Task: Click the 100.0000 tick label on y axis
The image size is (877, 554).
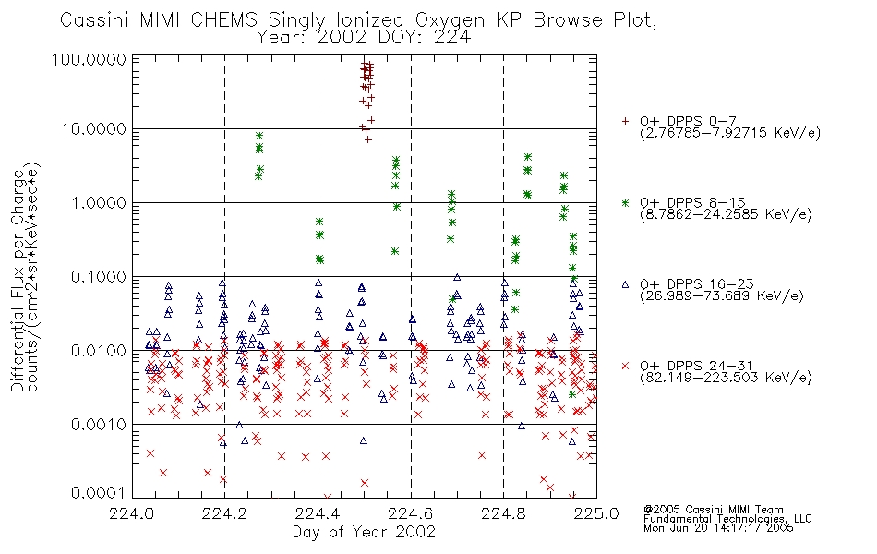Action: pos(89,59)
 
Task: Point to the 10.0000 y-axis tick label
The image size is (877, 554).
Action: pos(94,129)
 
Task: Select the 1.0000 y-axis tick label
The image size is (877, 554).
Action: pos(99,202)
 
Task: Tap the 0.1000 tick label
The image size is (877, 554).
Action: pos(99,276)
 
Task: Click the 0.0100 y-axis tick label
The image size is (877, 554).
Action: pos(99,351)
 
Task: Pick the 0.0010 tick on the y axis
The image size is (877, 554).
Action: pos(99,425)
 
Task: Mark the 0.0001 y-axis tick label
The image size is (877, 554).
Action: pos(99,492)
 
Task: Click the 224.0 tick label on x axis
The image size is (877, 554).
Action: pos(132,513)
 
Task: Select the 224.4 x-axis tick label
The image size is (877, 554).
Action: pos(318,513)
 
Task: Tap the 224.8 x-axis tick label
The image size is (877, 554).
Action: pos(503,513)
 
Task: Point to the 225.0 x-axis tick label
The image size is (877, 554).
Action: pos(596,513)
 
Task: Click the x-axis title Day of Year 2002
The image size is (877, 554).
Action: pos(364,532)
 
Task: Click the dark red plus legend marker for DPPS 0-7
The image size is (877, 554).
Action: pos(625,121)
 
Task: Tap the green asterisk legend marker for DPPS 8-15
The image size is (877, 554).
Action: pos(625,202)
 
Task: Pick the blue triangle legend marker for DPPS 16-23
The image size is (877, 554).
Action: pos(625,284)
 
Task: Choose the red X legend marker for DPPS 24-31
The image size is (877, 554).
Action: pos(625,366)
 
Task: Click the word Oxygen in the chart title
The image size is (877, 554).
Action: pos(450,20)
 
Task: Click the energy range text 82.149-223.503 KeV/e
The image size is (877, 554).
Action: pos(726,378)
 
